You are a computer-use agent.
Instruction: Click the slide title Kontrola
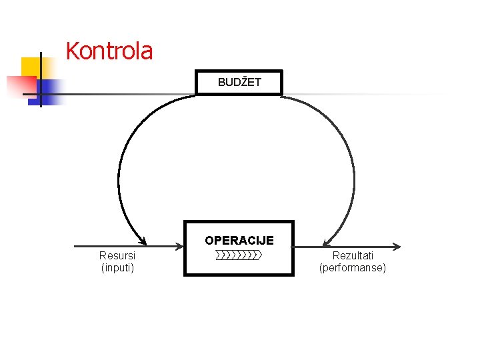[x=109, y=51]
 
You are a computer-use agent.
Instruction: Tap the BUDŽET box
[x=239, y=83]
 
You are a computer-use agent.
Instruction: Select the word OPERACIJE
[x=239, y=240]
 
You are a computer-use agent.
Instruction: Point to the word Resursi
[x=117, y=255]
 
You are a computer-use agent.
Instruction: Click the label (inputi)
[x=117, y=268]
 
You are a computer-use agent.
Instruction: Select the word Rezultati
[x=353, y=255]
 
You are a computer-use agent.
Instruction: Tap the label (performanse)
[x=353, y=268]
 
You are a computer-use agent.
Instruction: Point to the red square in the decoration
[x=20, y=85]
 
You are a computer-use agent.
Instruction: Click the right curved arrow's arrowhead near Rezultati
[x=326, y=241]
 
